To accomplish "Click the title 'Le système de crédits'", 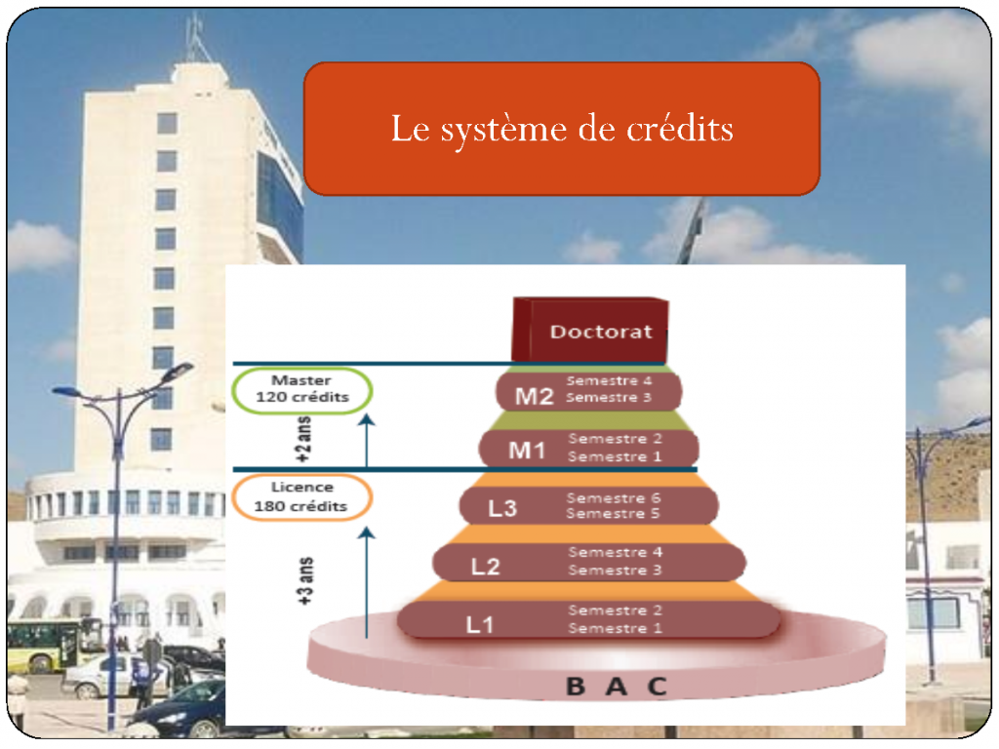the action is [x=562, y=130].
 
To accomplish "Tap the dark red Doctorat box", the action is [x=590, y=330].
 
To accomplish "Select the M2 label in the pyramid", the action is [x=534, y=396].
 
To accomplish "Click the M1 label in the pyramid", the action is [x=527, y=451].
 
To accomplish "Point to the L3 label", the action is [x=502, y=508].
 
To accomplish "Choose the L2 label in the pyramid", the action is [x=485, y=567].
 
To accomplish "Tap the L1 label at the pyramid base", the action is [x=479, y=625].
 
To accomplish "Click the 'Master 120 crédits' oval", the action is [x=302, y=390].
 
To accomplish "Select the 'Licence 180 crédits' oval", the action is [x=302, y=497].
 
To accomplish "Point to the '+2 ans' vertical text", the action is [x=304, y=440].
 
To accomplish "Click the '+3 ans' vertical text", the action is [x=305, y=581].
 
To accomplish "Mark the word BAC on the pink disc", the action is [x=617, y=687].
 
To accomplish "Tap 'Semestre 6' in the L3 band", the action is [x=614, y=497].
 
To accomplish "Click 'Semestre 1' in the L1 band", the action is [x=615, y=628].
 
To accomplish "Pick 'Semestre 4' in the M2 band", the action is [x=609, y=380].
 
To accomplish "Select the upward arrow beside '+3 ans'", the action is [x=367, y=582].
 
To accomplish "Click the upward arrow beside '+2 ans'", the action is [x=367, y=441].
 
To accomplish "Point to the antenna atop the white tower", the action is [x=197, y=38].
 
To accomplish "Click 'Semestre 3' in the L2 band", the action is [x=615, y=570].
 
